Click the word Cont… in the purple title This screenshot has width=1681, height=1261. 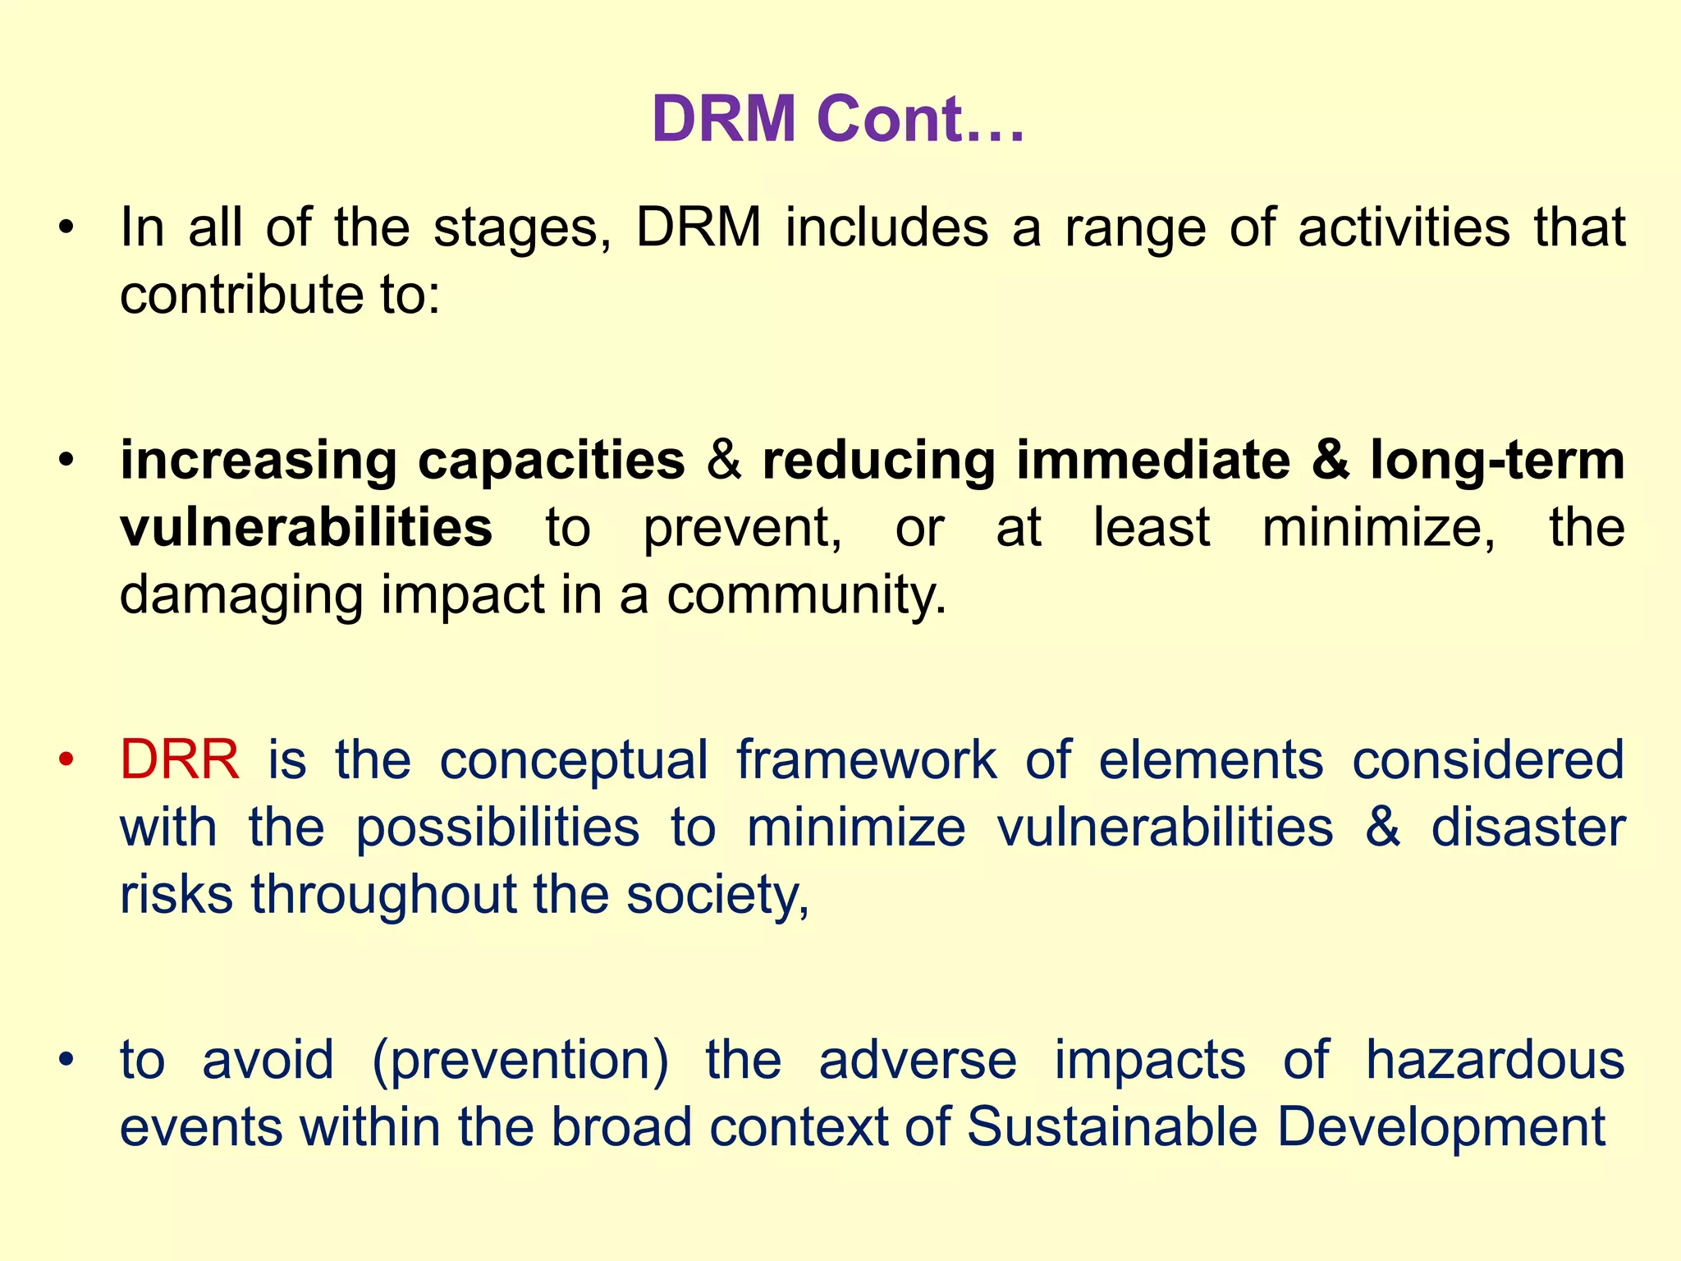(921, 120)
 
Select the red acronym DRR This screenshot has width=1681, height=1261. (180, 759)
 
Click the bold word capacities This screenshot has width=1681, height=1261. (552, 460)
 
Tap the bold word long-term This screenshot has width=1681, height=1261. (1497, 460)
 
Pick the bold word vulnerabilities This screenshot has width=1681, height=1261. (306, 527)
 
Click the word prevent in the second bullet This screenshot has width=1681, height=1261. (742, 527)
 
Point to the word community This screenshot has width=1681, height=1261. (806, 594)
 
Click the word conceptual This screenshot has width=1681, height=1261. (574, 759)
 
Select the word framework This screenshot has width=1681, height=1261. (867, 759)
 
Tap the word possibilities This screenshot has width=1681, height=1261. (497, 827)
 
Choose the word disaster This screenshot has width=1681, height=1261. (1528, 827)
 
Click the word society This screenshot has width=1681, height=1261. (718, 894)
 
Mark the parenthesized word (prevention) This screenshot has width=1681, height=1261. (520, 1060)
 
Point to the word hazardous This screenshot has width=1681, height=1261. (1495, 1060)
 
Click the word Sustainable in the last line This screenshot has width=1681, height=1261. (1111, 1127)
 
